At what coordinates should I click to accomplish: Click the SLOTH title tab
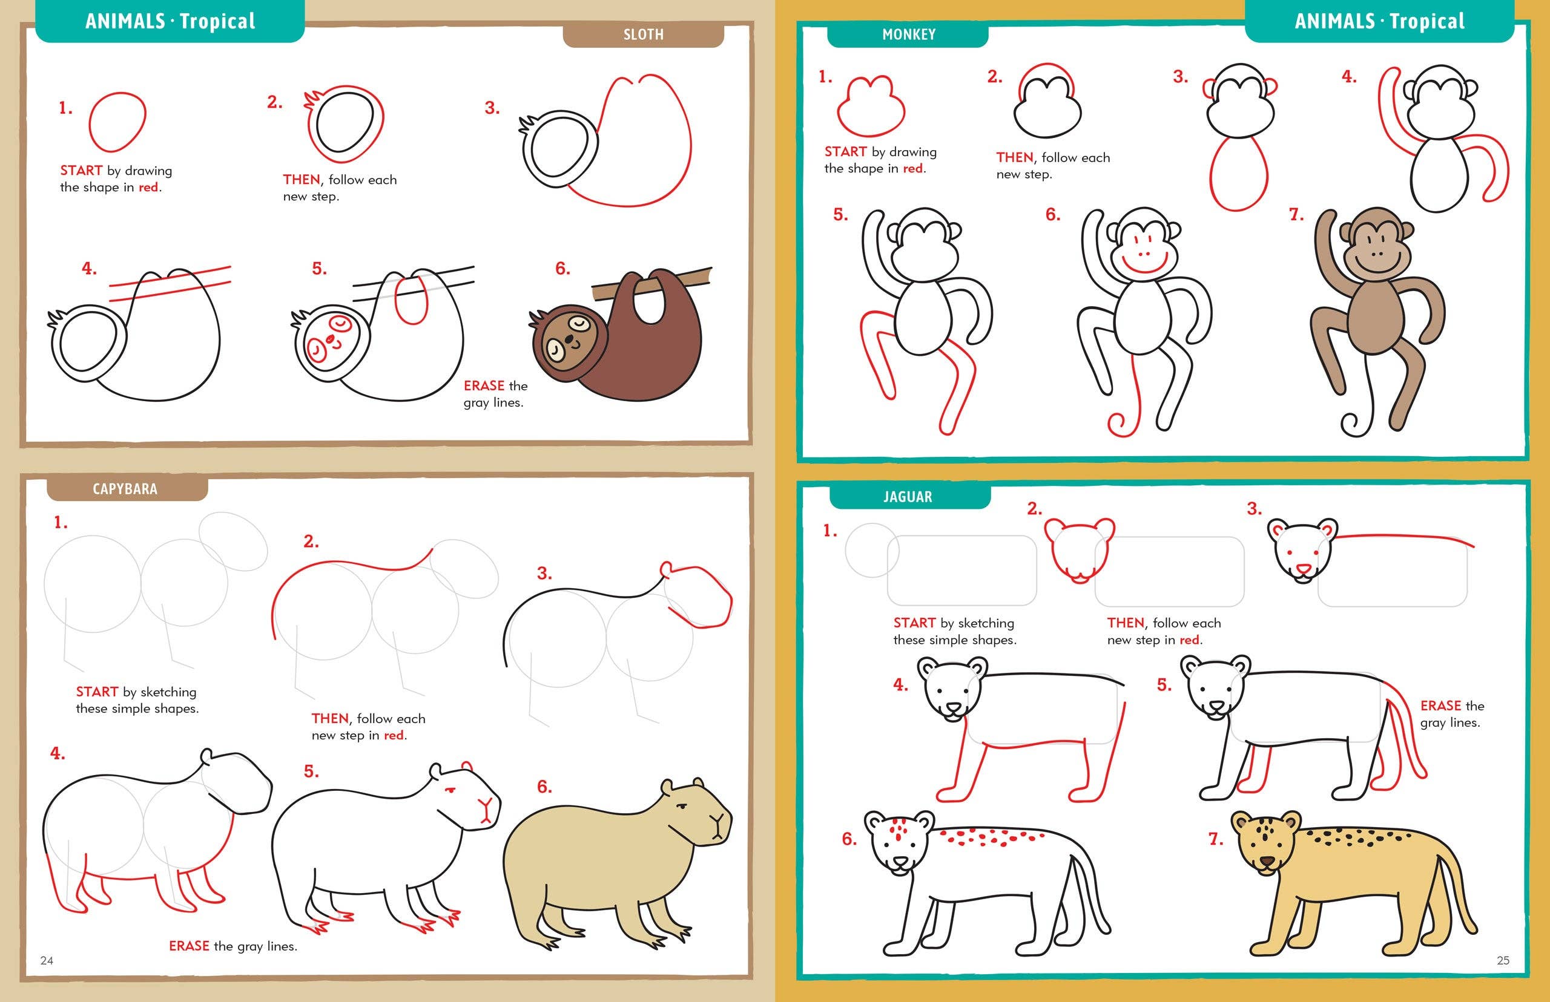tap(643, 34)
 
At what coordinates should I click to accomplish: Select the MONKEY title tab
tap(909, 34)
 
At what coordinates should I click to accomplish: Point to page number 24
tap(47, 960)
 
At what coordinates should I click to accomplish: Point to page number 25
tap(1503, 960)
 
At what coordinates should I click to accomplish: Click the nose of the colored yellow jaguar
tap(1266, 862)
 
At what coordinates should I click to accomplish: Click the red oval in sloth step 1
tap(117, 122)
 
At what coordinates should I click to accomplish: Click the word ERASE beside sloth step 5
tap(484, 386)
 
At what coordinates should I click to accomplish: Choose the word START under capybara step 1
tap(96, 692)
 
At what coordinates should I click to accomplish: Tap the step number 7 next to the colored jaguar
tap(1215, 839)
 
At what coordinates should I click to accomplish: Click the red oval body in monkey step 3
tap(1239, 173)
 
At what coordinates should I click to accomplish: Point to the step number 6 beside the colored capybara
tap(544, 787)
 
